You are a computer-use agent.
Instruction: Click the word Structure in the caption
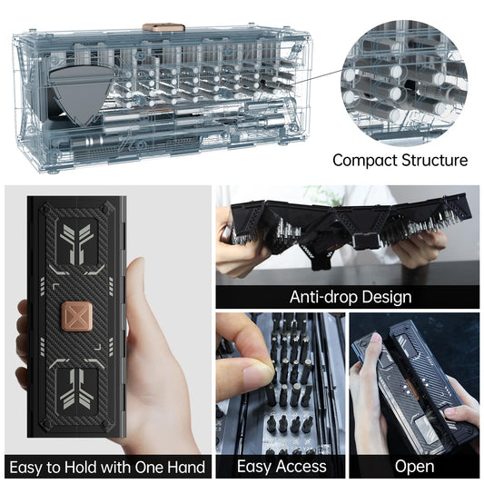[435, 161]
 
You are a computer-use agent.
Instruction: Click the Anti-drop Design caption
[350, 297]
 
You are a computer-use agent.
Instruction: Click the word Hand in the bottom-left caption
[183, 468]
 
